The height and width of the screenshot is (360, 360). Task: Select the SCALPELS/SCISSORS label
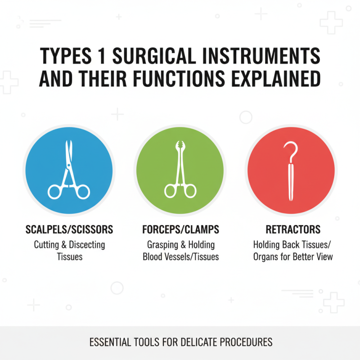(69, 229)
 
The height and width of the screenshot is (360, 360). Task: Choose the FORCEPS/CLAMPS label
(180, 229)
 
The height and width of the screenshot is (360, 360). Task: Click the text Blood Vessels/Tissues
(180, 256)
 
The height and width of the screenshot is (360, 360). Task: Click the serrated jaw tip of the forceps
(180, 145)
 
